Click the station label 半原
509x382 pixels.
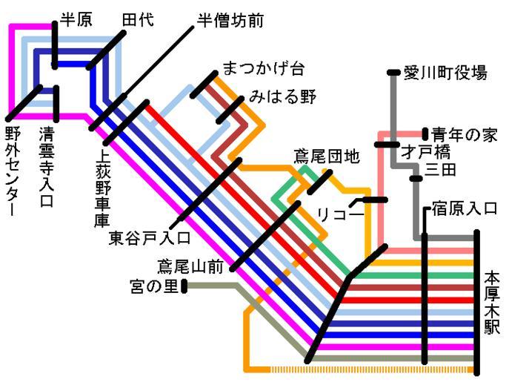click(76, 20)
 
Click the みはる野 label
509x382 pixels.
click(282, 96)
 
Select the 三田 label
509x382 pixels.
click(442, 171)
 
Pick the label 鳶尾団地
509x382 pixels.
click(326, 156)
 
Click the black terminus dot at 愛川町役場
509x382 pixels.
click(393, 72)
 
